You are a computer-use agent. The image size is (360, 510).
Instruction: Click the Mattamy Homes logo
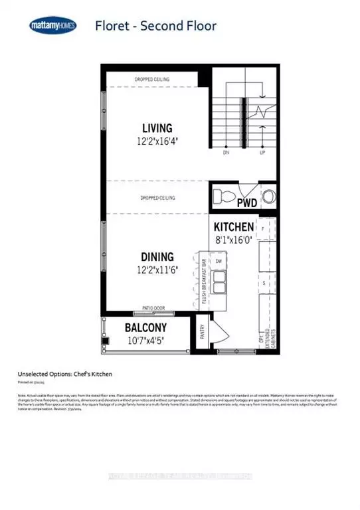click(52, 27)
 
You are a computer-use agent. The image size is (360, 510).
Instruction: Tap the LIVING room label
click(157, 127)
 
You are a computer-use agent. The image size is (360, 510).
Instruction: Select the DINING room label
click(157, 256)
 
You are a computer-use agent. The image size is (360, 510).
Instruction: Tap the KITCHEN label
click(233, 227)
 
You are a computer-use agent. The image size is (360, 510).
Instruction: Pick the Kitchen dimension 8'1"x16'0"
click(233, 240)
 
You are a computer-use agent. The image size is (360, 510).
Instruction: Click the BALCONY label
click(145, 328)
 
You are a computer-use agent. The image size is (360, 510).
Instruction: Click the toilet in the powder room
click(225, 197)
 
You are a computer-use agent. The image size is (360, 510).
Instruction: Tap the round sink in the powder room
click(268, 196)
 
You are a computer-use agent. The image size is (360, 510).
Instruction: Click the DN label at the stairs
click(226, 152)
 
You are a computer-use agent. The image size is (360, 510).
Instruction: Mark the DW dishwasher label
click(218, 261)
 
